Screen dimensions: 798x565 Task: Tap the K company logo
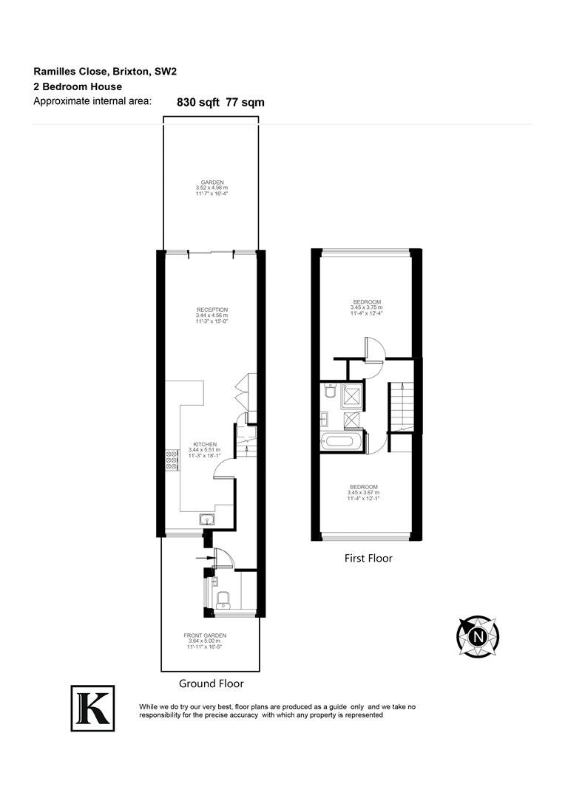coord(92,709)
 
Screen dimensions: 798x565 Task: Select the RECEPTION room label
coord(212,310)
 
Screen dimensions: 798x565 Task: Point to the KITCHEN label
coord(202,444)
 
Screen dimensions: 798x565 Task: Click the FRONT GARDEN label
coord(205,635)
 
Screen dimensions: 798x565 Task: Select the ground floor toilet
coord(223,598)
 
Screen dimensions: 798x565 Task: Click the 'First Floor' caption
coord(368,559)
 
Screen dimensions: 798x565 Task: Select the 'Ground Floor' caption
coord(212,683)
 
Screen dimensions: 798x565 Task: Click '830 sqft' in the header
coord(198,103)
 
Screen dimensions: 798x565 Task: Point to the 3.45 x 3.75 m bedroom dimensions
coord(367,307)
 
